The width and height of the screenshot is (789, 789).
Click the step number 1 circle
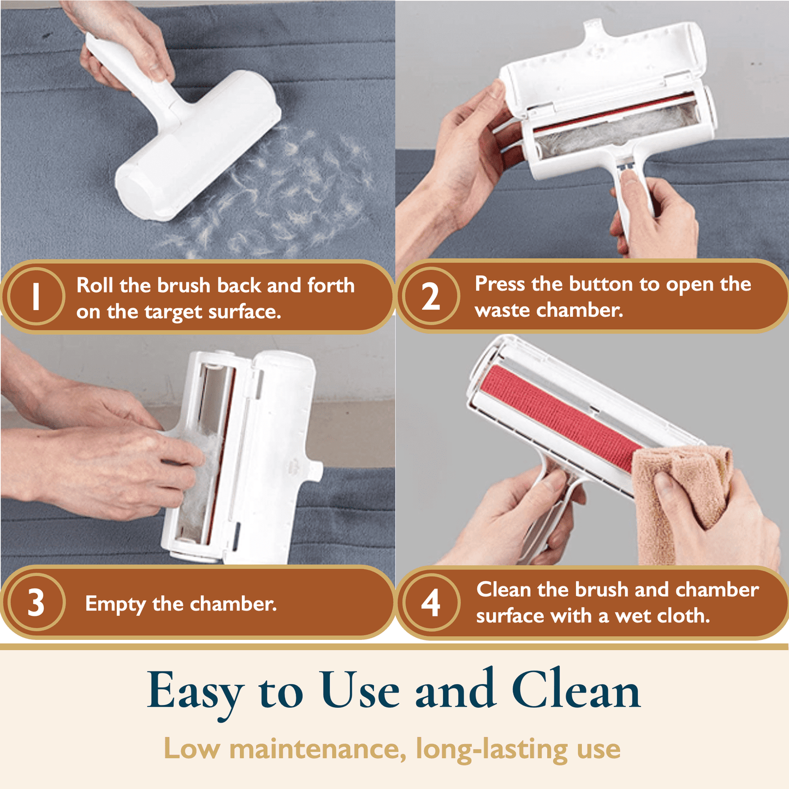36,296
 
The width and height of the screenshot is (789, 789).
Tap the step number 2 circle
431,296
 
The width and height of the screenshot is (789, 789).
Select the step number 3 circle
36,602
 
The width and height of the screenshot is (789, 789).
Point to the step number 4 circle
431,602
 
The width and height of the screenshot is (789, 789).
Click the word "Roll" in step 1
94,285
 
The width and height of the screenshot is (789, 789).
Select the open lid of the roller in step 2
602,61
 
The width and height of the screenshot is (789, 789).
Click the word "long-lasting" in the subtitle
492,750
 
